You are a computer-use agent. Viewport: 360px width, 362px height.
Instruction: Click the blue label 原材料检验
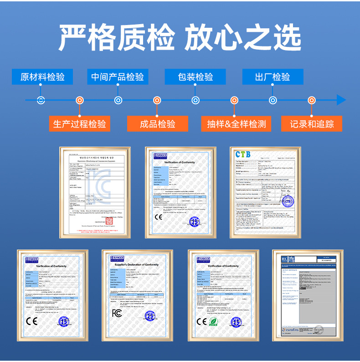42,76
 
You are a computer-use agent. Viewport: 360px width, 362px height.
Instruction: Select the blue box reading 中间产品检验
118,76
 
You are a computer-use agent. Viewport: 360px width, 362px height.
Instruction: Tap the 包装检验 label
195,76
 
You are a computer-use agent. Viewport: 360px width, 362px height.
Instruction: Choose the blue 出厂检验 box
273,76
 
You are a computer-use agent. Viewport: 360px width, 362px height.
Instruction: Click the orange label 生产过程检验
80,123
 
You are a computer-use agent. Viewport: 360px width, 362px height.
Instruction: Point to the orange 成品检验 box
157,123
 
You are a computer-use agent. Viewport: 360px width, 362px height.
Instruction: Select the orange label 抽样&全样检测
234,123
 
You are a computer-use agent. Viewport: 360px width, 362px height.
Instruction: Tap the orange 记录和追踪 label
312,123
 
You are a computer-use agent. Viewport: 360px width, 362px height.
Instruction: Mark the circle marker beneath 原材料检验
41,100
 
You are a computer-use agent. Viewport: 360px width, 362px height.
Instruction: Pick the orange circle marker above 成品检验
157,100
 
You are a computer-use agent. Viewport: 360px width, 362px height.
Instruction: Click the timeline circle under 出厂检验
273,100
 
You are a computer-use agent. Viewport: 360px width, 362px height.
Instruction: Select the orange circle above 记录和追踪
312,100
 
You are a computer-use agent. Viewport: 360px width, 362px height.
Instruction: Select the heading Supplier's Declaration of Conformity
137,265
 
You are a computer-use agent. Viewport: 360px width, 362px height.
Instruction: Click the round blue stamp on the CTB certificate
287,201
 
